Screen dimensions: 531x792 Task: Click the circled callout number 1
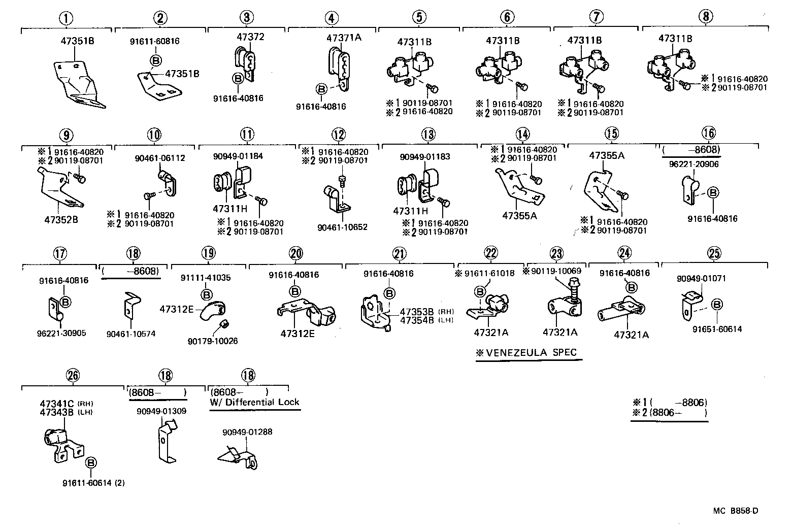tap(66, 19)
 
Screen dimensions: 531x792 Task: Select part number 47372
tap(250, 37)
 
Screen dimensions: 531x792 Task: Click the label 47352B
tap(61, 220)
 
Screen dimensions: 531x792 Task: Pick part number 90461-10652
tap(342, 227)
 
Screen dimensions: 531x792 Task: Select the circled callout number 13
tap(428, 135)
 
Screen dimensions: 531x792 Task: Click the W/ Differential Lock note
tap(255, 402)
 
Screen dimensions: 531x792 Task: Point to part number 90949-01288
tap(247, 432)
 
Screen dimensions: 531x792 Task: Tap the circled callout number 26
tap(73, 376)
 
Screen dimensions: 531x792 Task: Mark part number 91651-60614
tap(717, 329)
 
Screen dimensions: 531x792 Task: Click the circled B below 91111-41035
tap(206, 294)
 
